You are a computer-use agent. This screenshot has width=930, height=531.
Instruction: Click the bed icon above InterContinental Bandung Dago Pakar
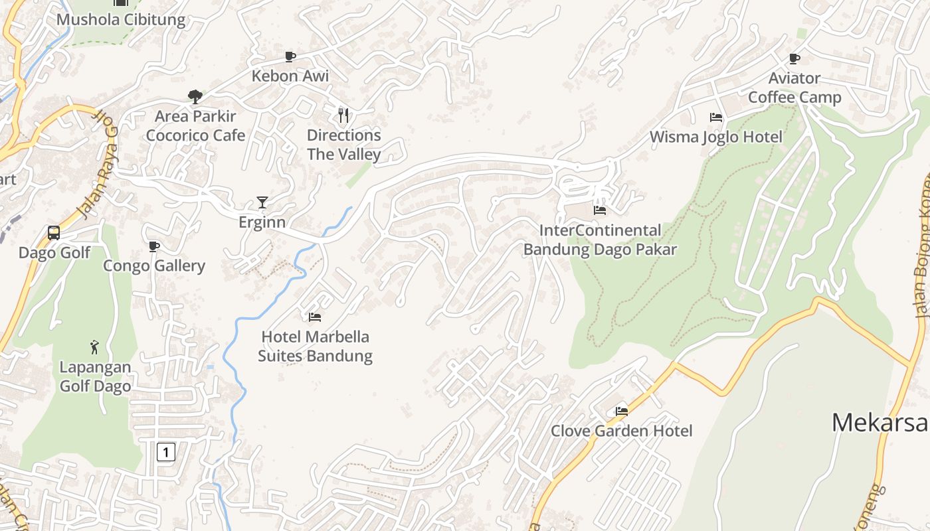[x=600, y=210]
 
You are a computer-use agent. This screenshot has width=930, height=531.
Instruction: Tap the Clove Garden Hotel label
[x=621, y=431]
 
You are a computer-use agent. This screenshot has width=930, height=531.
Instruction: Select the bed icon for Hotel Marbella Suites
[x=315, y=317]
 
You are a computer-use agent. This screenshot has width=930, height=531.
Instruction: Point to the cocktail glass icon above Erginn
[x=262, y=202]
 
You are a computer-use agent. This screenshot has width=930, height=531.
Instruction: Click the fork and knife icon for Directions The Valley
[x=343, y=115]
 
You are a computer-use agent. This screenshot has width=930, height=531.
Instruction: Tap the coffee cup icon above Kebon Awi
[x=290, y=56]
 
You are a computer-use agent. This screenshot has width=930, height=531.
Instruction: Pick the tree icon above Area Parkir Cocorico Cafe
[x=195, y=97]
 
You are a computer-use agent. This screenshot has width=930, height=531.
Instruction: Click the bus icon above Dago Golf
[x=54, y=233]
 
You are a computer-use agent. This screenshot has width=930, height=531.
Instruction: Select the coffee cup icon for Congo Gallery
[x=154, y=246]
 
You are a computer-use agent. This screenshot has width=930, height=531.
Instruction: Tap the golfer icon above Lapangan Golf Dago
[x=94, y=346]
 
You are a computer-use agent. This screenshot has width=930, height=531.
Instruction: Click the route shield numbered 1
[x=165, y=452]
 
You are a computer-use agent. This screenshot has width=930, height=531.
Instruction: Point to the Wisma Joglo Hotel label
[x=715, y=137]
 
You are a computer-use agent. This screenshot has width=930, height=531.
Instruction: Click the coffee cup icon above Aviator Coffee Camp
[x=794, y=59]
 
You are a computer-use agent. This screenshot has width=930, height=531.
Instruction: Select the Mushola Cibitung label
[x=121, y=19]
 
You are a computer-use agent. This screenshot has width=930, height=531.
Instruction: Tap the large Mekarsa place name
[x=880, y=422]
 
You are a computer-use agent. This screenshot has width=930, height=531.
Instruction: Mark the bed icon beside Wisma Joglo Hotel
[x=715, y=117]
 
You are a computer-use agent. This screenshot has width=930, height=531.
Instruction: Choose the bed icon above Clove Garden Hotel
[x=622, y=411]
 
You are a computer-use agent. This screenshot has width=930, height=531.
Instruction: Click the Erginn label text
[x=262, y=222]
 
